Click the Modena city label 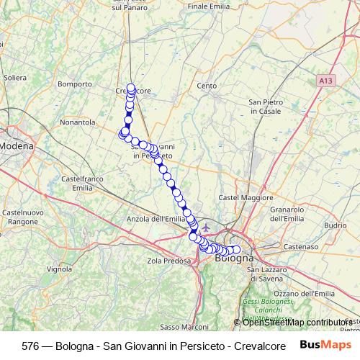point(17,146)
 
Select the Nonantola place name point(78,122)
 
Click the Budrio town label point(336,225)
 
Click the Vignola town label point(59,269)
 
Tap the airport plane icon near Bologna point(207,229)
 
